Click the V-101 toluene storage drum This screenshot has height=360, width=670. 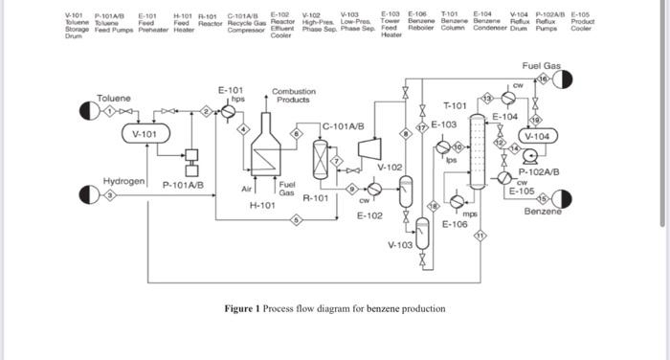tap(144, 134)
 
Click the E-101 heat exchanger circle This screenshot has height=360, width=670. tap(229, 111)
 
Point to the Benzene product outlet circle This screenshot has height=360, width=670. tap(561, 199)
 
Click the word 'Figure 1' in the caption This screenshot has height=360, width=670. tap(242, 308)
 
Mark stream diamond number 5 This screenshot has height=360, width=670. tap(297, 221)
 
